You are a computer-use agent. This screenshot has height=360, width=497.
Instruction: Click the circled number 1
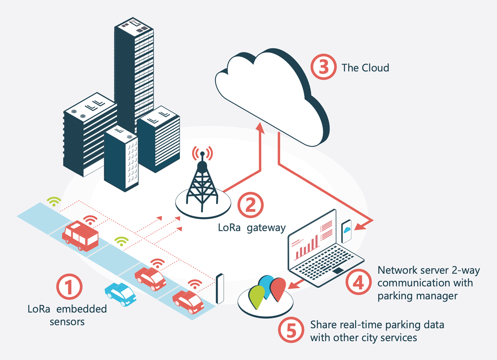(x=70, y=287)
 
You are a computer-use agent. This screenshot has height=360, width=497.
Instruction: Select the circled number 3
(x=323, y=67)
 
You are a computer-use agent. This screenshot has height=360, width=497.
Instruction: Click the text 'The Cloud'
(x=365, y=68)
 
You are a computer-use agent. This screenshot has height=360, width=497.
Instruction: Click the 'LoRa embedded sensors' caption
(x=67, y=315)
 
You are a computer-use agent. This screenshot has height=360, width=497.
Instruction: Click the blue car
(x=120, y=294)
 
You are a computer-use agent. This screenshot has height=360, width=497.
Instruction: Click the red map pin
(x=278, y=289)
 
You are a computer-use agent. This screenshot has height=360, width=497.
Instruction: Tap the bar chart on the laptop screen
(x=306, y=247)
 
